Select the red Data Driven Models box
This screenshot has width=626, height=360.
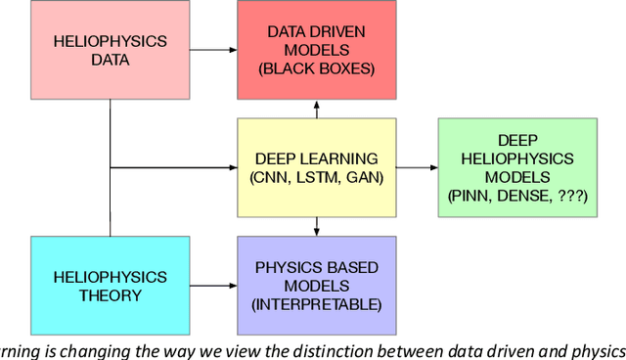pos(317,50)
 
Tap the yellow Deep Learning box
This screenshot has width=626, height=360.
pos(317,167)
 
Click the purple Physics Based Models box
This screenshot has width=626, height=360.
pos(317,285)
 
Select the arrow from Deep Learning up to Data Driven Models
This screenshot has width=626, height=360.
pos(317,109)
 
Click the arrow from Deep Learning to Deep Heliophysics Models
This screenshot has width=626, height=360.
pos(417,167)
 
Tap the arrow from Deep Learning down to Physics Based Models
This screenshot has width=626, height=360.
pos(317,226)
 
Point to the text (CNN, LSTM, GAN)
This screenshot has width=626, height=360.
pos(317,177)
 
